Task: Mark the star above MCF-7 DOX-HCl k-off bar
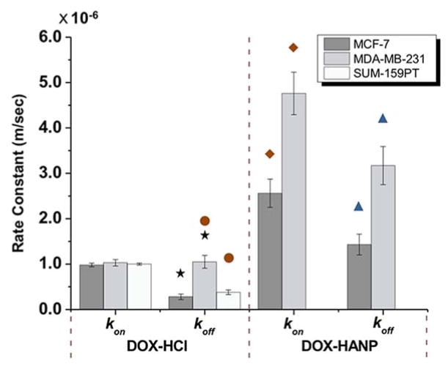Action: tap(180, 273)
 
